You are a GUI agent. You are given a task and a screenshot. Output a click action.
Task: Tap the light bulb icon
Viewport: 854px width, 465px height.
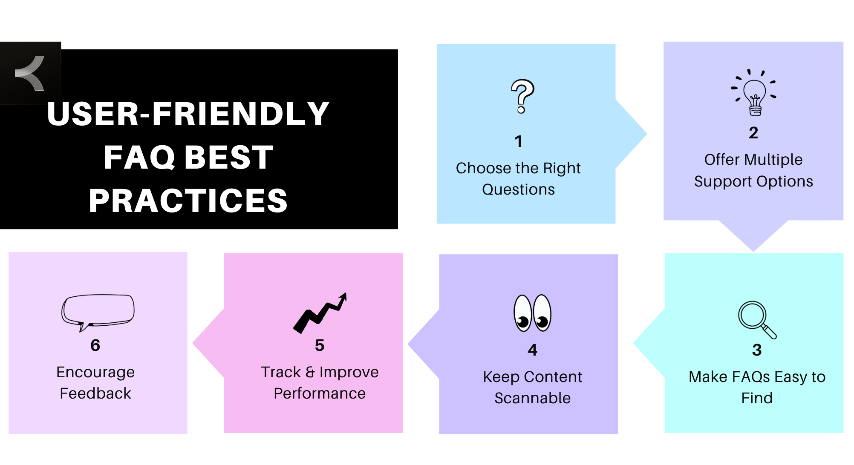[x=754, y=93]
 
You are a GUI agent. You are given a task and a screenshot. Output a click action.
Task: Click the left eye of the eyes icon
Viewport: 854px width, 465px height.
[x=523, y=313]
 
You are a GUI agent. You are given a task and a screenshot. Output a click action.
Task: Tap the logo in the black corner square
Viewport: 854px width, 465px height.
[x=30, y=73]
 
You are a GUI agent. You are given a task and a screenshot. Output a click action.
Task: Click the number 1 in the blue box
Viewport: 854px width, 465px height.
[x=519, y=141]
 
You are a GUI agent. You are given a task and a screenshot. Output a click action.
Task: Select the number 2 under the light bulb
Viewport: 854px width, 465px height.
[x=753, y=133]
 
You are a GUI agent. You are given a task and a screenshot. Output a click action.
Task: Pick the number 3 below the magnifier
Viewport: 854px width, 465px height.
[x=757, y=350]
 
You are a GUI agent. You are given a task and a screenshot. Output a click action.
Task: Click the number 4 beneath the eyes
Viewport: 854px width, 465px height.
[x=532, y=350]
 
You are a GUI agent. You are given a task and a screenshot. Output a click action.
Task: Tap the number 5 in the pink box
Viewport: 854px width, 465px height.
[x=320, y=345]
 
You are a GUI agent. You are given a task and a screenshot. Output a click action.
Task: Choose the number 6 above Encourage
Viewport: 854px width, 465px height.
[x=95, y=345]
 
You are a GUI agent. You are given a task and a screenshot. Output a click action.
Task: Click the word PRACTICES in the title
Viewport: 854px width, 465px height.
[x=188, y=201]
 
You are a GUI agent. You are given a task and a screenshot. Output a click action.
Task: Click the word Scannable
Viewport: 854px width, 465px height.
[x=532, y=398]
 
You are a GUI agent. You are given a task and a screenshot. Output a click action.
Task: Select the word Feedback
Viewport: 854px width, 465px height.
[x=95, y=393]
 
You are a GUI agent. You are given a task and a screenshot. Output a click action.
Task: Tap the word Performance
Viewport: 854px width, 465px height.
[x=320, y=393]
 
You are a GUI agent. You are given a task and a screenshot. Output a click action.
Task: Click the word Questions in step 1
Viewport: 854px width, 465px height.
[x=518, y=189]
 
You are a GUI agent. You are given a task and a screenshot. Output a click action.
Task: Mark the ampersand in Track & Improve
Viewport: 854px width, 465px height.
[x=310, y=372]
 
